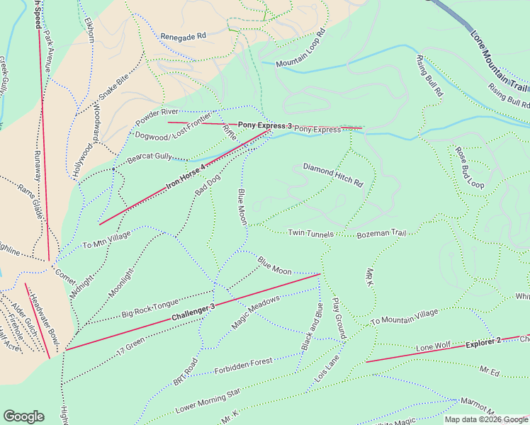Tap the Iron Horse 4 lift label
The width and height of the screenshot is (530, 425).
tap(186, 177)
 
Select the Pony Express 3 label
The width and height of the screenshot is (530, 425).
tap(264, 125)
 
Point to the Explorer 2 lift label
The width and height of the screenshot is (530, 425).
tap(483, 342)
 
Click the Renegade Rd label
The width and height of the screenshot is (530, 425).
tap(183, 35)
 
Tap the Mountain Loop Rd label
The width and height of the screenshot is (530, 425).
tap(300, 48)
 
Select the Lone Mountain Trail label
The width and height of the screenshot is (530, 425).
tap(499, 62)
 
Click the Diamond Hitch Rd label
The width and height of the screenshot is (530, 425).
tap(333, 175)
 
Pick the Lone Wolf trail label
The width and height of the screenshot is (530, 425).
tap(434, 348)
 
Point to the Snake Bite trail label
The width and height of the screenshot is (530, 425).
tap(113, 81)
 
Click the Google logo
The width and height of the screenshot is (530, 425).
tap(23, 416)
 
